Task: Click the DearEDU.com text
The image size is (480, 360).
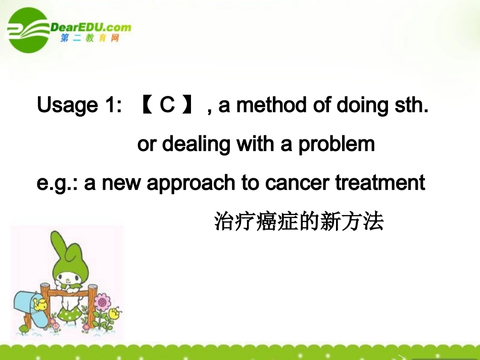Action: coord(91,27)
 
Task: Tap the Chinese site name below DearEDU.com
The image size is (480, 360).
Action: coord(90,39)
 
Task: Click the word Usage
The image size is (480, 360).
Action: coord(67,106)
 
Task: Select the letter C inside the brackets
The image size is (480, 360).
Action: coord(167,105)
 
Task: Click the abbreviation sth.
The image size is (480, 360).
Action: coord(411,105)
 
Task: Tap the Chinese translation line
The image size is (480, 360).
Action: coord(299,222)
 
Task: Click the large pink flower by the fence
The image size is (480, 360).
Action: coord(103,302)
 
